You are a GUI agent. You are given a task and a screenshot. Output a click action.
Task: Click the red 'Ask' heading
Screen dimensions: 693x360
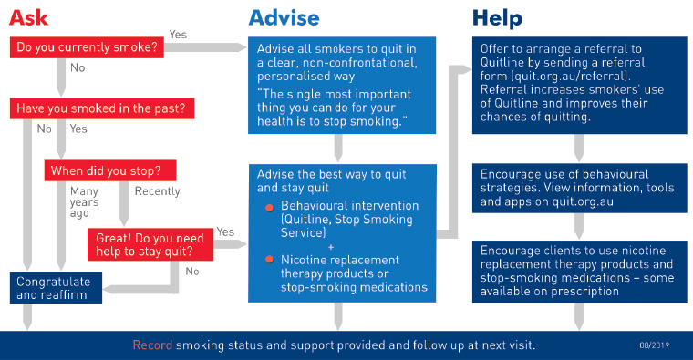click(x=29, y=17)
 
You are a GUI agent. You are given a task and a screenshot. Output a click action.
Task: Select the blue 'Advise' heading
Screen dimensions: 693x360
click(x=284, y=17)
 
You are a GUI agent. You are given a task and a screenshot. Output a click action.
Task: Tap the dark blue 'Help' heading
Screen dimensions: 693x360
click(x=497, y=18)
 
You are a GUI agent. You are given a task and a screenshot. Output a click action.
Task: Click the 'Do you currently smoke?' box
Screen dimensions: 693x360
click(x=87, y=47)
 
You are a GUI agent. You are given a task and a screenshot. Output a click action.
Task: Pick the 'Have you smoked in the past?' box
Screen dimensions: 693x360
click(x=102, y=108)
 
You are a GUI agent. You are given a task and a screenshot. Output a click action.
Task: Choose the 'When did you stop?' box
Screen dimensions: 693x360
click(x=110, y=170)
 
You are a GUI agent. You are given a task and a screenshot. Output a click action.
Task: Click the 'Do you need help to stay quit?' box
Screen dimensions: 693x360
click(x=150, y=244)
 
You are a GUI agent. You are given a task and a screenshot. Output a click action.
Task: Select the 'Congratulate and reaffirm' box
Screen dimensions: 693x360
click(x=56, y=288)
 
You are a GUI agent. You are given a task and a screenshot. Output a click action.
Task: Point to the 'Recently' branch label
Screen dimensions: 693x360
click(x=158, y=191)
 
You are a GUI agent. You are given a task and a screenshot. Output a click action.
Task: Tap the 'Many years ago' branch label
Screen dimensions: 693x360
click(x=84, y=201)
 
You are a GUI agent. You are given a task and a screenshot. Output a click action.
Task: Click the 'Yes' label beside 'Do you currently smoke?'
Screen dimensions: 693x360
click(x=178, y=35)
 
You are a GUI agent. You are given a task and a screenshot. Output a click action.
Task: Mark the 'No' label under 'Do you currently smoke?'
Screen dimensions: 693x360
click(x=78, y=67)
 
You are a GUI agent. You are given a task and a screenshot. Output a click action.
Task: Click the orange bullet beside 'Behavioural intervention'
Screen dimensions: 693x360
click(x=269, y=208)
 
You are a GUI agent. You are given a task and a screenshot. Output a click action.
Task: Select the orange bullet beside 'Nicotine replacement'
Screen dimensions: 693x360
click(x=269, y=260)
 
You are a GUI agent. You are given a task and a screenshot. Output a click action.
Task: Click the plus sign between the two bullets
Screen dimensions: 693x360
click(x=331, y=247)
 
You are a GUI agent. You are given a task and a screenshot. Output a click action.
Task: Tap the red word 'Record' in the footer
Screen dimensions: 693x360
click(x=152, y=345)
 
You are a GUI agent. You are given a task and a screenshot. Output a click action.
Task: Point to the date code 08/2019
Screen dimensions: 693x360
click(x=654, y=345)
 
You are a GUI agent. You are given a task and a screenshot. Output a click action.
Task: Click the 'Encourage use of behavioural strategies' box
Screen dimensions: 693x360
click(x=579, y=188)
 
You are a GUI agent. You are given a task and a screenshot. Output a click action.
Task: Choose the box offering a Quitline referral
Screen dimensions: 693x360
click(x=579, y=86)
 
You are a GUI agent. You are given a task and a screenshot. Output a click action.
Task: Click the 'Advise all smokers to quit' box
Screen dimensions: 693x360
click(x=342, y=86)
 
